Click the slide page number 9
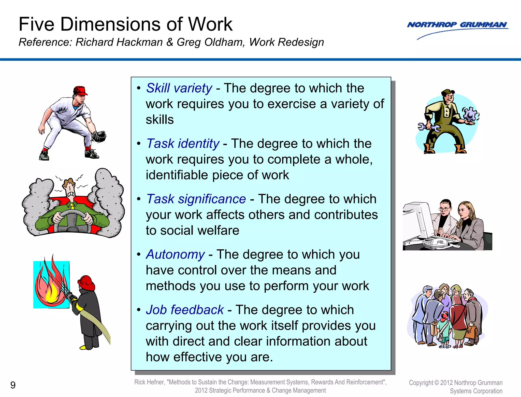point(13,385)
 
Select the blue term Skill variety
point(179,88)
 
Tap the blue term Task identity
point(183,144)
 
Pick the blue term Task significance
point(196,199)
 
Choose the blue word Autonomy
point(175,254)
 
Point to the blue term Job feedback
point(185,310)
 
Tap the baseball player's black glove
point(99,136)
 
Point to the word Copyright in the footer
point(421,383)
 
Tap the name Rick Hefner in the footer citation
point(149,382)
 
